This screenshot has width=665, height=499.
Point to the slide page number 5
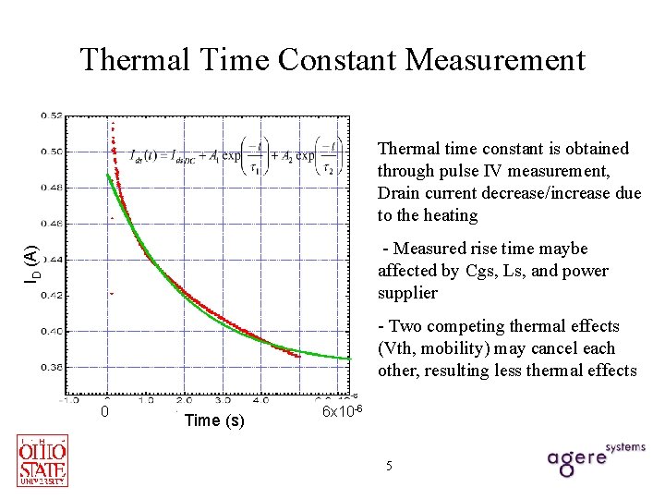tap(389, 466)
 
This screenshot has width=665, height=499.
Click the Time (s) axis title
tap(214, 420)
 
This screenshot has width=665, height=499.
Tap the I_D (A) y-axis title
tap(30, 263)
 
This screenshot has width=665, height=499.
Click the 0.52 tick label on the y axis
tap(52, 116)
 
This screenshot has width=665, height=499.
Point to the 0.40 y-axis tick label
tap(52, 331)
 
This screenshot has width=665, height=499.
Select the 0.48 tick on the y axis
tap(52, 188)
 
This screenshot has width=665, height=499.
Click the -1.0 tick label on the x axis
tap(70, 401)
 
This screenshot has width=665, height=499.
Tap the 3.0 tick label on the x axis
tap(223, 401)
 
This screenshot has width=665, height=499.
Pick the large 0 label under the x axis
tap(106, 411)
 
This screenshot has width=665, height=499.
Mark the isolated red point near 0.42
tap(112, 293)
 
